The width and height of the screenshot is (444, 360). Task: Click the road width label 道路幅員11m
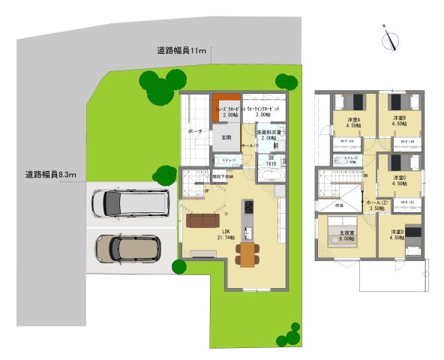tap(181, 51)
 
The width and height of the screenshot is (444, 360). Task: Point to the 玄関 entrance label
tap(226, 138)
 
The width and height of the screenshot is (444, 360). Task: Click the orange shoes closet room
tap(226, 106)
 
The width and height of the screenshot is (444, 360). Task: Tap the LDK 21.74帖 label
tap(226, 234)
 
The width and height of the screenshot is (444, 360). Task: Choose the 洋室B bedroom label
tap(399, 122)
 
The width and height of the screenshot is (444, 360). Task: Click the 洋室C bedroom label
tap(399, 181)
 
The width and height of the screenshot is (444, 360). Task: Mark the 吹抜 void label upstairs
tap(339, 205)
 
